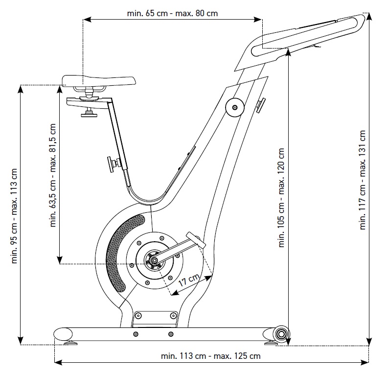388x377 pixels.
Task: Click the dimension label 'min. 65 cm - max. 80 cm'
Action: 172,13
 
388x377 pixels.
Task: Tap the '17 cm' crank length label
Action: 188,281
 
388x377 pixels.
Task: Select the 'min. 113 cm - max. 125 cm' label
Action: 210,356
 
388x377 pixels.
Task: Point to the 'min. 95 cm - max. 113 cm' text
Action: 15,216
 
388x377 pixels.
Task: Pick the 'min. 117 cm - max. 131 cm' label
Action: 363,180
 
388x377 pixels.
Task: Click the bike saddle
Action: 99,81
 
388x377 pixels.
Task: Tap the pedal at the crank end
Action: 196,241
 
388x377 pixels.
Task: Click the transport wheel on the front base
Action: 281,333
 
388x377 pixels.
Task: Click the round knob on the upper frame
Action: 234,106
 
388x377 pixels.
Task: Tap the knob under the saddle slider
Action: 90,113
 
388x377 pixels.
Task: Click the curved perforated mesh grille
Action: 119,253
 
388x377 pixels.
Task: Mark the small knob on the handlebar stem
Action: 262,104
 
